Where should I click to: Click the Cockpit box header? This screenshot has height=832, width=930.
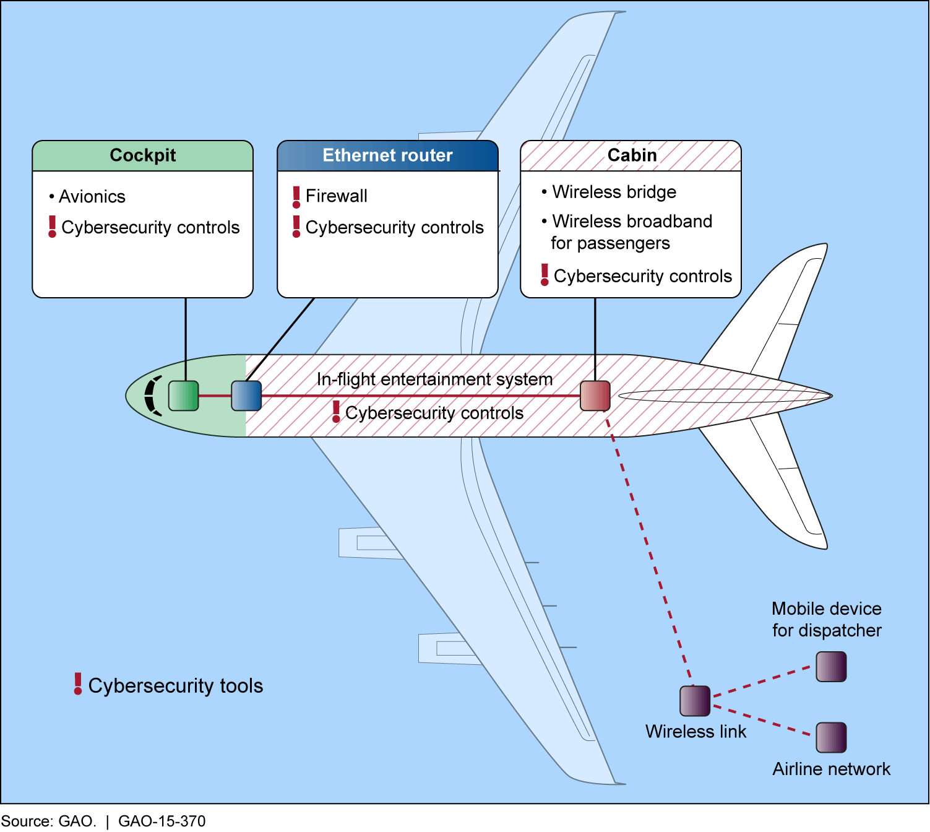tap(142, 155)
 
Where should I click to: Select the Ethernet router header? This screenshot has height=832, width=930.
tap(387, 155)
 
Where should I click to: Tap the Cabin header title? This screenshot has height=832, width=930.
tap(632, 155)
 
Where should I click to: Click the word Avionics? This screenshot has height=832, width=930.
tap(92, 196)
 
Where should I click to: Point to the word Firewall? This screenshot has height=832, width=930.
tap(336, 196)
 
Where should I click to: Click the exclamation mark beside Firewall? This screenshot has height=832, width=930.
tap(296, 197)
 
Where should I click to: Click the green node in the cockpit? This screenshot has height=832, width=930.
tap(183, 396)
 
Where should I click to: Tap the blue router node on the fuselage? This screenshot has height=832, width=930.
tap(246, 396)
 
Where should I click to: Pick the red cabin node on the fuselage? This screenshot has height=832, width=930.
tap(595, 396)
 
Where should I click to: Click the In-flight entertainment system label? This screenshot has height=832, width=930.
tap(434, 379)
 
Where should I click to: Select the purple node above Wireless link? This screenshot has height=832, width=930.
tap(694, 701)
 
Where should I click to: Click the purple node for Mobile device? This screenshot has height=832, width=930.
tap(831, 666)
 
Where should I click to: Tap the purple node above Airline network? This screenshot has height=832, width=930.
tap(831, 737)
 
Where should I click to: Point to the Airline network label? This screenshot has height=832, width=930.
tap(831, 769)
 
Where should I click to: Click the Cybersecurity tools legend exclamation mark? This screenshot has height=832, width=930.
tap(78, 683)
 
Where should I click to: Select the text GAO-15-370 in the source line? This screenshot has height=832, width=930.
tap(161, 821)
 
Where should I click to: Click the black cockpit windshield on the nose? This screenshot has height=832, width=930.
tap(152, 396)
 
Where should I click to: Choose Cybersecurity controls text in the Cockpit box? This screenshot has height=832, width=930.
tap(150, 227)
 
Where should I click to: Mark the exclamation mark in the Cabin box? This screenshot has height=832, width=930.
tap(545, 275)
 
